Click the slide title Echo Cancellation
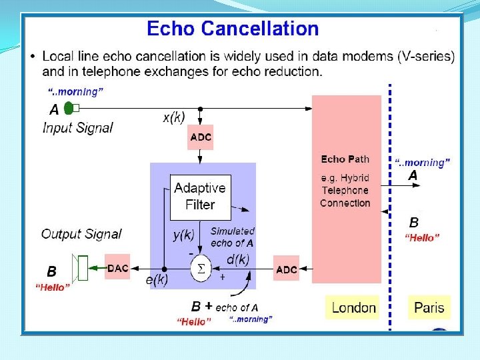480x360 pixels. [233, 29]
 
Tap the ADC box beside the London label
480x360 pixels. [287, 269]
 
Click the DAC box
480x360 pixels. [118, 268]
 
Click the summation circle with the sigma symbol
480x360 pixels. [199, 269]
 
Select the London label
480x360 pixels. [353, 307]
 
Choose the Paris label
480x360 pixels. [429, 307]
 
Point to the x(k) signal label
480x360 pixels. [174, 117]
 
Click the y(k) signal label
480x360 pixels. [183, 235]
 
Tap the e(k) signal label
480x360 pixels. [157, 280]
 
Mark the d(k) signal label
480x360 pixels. [239, 258]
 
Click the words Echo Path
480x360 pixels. [345, 159]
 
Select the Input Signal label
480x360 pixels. [78, 127]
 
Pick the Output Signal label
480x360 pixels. [81, 234]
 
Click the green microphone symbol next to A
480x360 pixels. [69, 108]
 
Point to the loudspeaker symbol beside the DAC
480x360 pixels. [80, 268]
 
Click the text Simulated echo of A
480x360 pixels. [233, 237]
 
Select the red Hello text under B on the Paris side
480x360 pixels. [423, 238]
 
